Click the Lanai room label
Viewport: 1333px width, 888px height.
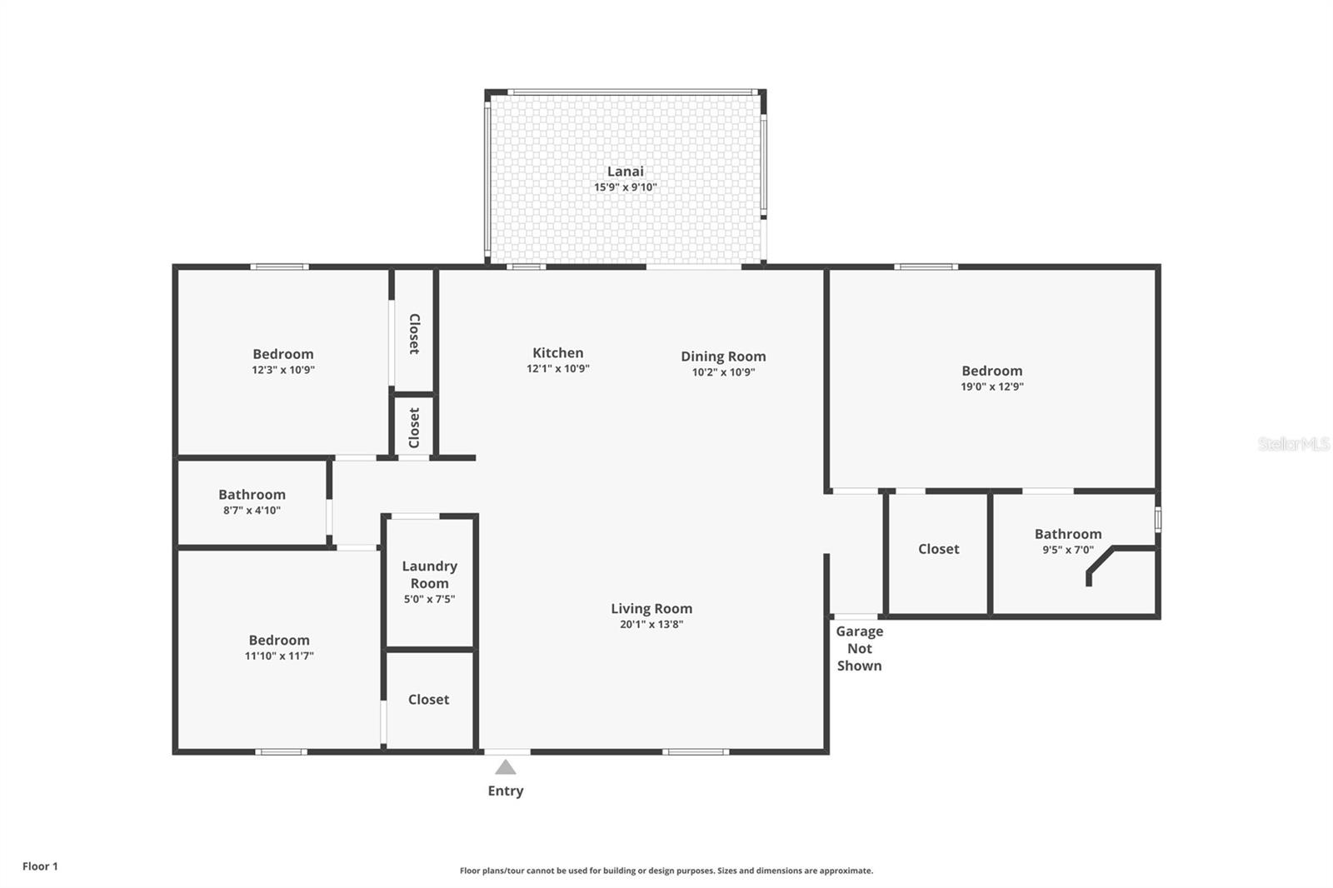[625, 172]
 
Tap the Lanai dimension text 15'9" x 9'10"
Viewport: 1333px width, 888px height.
[625, 187]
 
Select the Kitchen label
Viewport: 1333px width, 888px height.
[557, 353]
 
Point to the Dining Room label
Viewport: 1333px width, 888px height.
[723, 357]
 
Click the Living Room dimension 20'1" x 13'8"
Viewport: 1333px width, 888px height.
[651, 624]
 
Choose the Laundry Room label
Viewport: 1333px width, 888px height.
[429, 575]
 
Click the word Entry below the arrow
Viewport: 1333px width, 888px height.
[505, 791]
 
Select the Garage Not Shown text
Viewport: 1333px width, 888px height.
[859, 648]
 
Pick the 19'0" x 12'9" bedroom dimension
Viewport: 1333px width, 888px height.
[992, 387]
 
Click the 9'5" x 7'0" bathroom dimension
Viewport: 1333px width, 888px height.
[1067, 550]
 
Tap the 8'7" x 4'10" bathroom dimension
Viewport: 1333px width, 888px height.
[252, 510]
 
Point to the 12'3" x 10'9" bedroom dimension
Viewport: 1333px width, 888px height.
[282, 370]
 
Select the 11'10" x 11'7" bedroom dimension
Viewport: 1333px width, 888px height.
[279, 656]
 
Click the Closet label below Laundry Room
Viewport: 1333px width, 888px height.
[428, 700]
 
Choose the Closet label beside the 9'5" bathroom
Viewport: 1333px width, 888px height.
[938, 549]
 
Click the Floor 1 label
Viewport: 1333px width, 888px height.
[41, 866]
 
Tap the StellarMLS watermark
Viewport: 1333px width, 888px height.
[1294, 444]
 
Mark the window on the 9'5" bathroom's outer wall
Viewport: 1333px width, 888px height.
[1158, 519]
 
